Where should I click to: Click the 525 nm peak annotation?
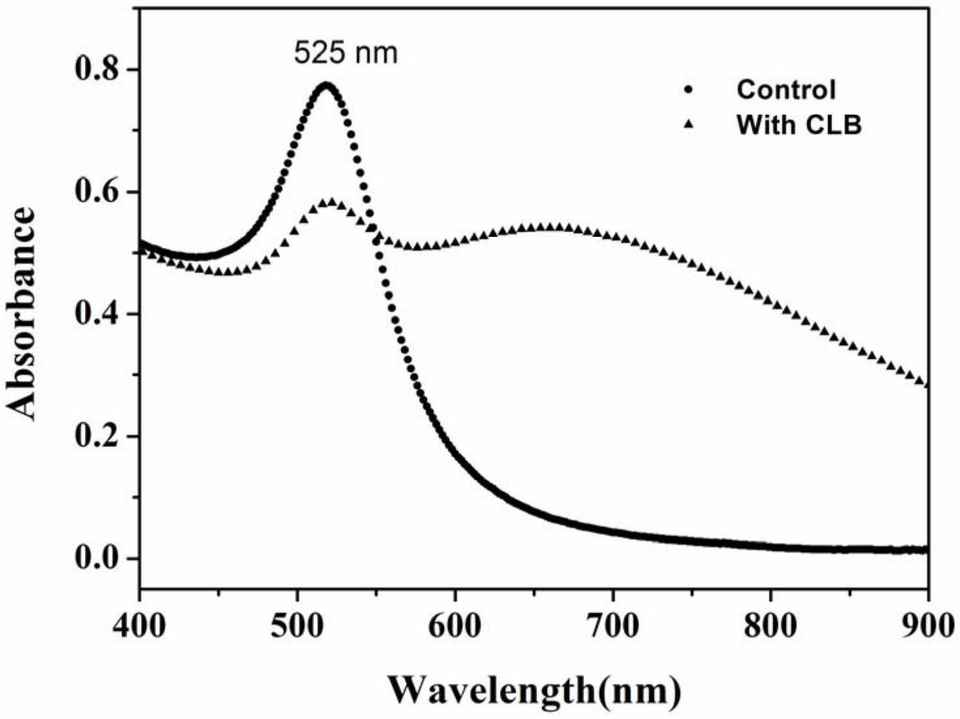tap(345, 53)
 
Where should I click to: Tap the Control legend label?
tap(786, 89)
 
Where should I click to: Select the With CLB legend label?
tap(799, 124)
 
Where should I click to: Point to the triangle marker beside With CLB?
tap(687, 124)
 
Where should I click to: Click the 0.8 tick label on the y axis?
tap(97, 69)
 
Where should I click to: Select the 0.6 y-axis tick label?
tap(97, 192)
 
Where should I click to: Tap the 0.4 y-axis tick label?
tap(97, 314)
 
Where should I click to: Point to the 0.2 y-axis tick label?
tap(97, 436)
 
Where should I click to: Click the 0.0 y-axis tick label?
tap(97, 558)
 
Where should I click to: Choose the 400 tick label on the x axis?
tap(140, 626)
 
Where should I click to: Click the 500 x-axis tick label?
tap(298, 626)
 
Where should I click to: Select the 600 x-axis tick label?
tap(455, 626)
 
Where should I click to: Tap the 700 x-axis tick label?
tap(613, 626)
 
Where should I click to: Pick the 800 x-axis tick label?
tap(771, 626)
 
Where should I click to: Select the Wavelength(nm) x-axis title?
tap(534, 689)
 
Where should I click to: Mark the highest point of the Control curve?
tap(327, 85)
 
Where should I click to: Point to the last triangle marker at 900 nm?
tap(927, 384)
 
